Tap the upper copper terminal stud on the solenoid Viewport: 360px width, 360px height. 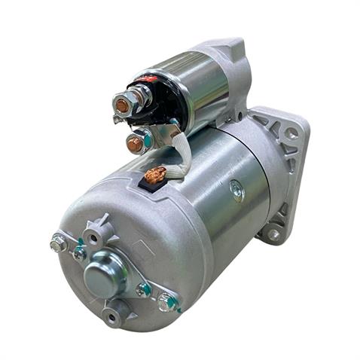click(x=122, y=106)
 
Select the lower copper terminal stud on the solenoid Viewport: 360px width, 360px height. click(x=135, y=144)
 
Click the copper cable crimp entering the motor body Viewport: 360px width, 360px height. click(x=155, y=176)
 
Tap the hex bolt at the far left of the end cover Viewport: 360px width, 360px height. click(x=58, y=243)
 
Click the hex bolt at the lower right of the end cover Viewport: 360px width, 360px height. click(x=167, y=302)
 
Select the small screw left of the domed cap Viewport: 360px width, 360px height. click(x=79, y=253)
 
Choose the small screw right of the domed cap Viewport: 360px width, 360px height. click(x=143, y=289)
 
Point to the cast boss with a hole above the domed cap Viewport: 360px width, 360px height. click(x=96, y=235)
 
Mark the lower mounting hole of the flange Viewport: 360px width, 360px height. click(x=273, y=233)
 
